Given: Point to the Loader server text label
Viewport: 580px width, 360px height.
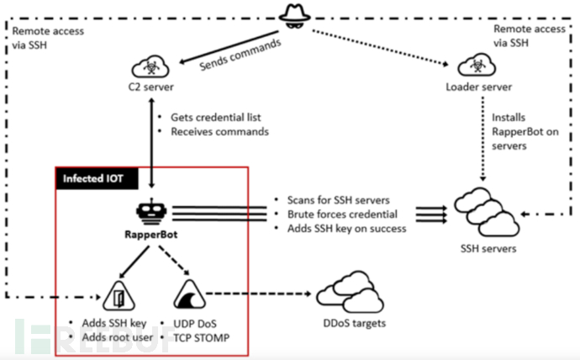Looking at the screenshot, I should pyautogui.click(x=479, y=87).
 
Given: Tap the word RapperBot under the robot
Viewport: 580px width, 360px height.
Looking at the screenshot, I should pyautogui.click(x=153, y=236).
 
